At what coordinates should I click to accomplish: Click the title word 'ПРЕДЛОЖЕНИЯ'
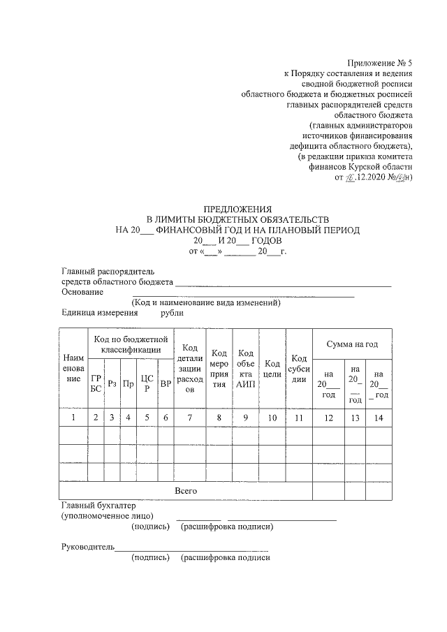point(237,209)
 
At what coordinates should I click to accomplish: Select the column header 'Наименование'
point(73,367)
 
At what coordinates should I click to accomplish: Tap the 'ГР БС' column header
point(96,383)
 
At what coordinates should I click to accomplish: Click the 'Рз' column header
point(112,383)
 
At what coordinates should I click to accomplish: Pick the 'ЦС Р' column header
point(146,383)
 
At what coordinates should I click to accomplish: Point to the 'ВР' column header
point(166,383)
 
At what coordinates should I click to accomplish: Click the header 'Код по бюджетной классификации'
point(131,344)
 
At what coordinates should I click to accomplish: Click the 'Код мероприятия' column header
point(219,368)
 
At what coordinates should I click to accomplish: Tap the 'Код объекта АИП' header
point(245,368)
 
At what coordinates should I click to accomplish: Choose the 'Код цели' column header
point(272,369)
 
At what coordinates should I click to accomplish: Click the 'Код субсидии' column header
point(298,369)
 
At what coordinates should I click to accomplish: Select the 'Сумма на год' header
point(351,344)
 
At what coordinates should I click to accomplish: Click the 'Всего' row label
point(186,491)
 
